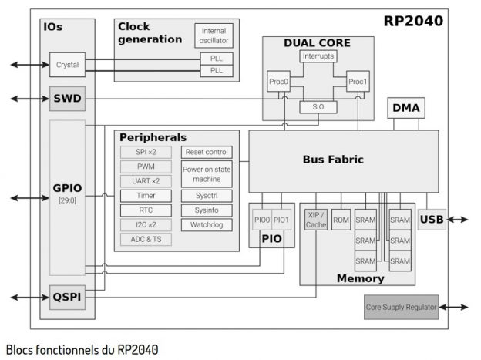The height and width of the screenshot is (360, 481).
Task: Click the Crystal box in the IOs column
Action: [x=68, y=64]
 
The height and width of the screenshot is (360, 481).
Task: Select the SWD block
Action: [x=68, y=99]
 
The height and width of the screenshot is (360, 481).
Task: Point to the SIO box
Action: [x=318, y=107]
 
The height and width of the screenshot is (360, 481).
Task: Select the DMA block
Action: [x=406, y=109]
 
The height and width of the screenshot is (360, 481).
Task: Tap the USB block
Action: [x=432, y=220]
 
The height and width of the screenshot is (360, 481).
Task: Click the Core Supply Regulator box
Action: [x=400, y=307]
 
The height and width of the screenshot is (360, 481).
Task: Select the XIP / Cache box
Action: [x=316, y=220]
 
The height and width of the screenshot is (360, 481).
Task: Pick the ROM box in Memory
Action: [x=341, y=220]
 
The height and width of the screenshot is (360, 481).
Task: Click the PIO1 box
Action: [x=282, y=220]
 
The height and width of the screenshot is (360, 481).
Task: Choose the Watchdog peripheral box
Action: [x=207, y=225]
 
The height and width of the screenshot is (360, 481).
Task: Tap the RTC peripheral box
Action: [x=146, y=210]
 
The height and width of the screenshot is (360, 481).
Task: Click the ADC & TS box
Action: [x=146, y=239]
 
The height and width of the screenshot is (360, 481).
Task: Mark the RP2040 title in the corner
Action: [x=413, y=21]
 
